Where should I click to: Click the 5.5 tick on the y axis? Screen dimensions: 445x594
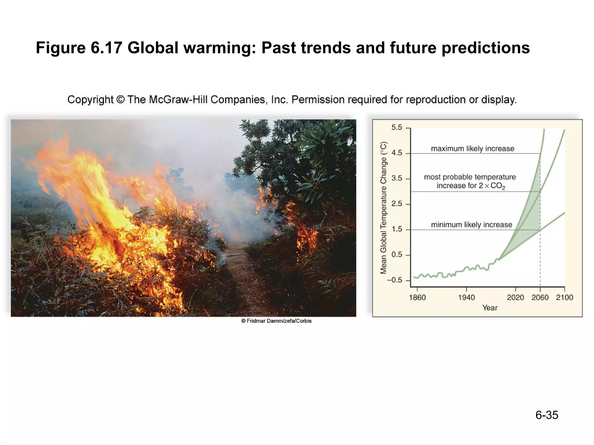click(x=397, y=127)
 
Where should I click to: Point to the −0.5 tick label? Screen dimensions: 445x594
click(x=394, y=280)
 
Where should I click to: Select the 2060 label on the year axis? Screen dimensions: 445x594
click(x=540, y=298)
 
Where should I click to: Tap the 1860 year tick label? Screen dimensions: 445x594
click(x=417, y=298)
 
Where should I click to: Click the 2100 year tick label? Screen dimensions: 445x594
click(x=564, y=298)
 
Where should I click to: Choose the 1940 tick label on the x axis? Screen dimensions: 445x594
click(x=466, y=298)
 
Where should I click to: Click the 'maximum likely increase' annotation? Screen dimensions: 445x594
click(x=472, y=149)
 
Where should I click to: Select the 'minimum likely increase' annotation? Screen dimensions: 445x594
click(x=472, y=225)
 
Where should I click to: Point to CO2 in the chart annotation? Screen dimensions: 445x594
click(x=498, y=186)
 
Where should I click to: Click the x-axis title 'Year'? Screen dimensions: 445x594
click(x=490, y=308)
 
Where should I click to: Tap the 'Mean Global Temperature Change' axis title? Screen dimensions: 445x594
click(x=383, y=207)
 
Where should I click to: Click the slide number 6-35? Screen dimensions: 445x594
click(x=546, y=415)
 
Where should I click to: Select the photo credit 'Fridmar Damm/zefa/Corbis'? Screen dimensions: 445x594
click(x=276, y=321)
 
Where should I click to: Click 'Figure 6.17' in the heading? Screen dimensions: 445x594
click(x=79, y=48)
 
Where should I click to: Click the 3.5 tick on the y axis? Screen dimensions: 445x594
click(x=397, y=178)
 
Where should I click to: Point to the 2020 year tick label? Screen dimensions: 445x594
click(x=515, y=298)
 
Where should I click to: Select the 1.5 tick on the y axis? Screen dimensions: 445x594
click(x=397, y=229)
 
